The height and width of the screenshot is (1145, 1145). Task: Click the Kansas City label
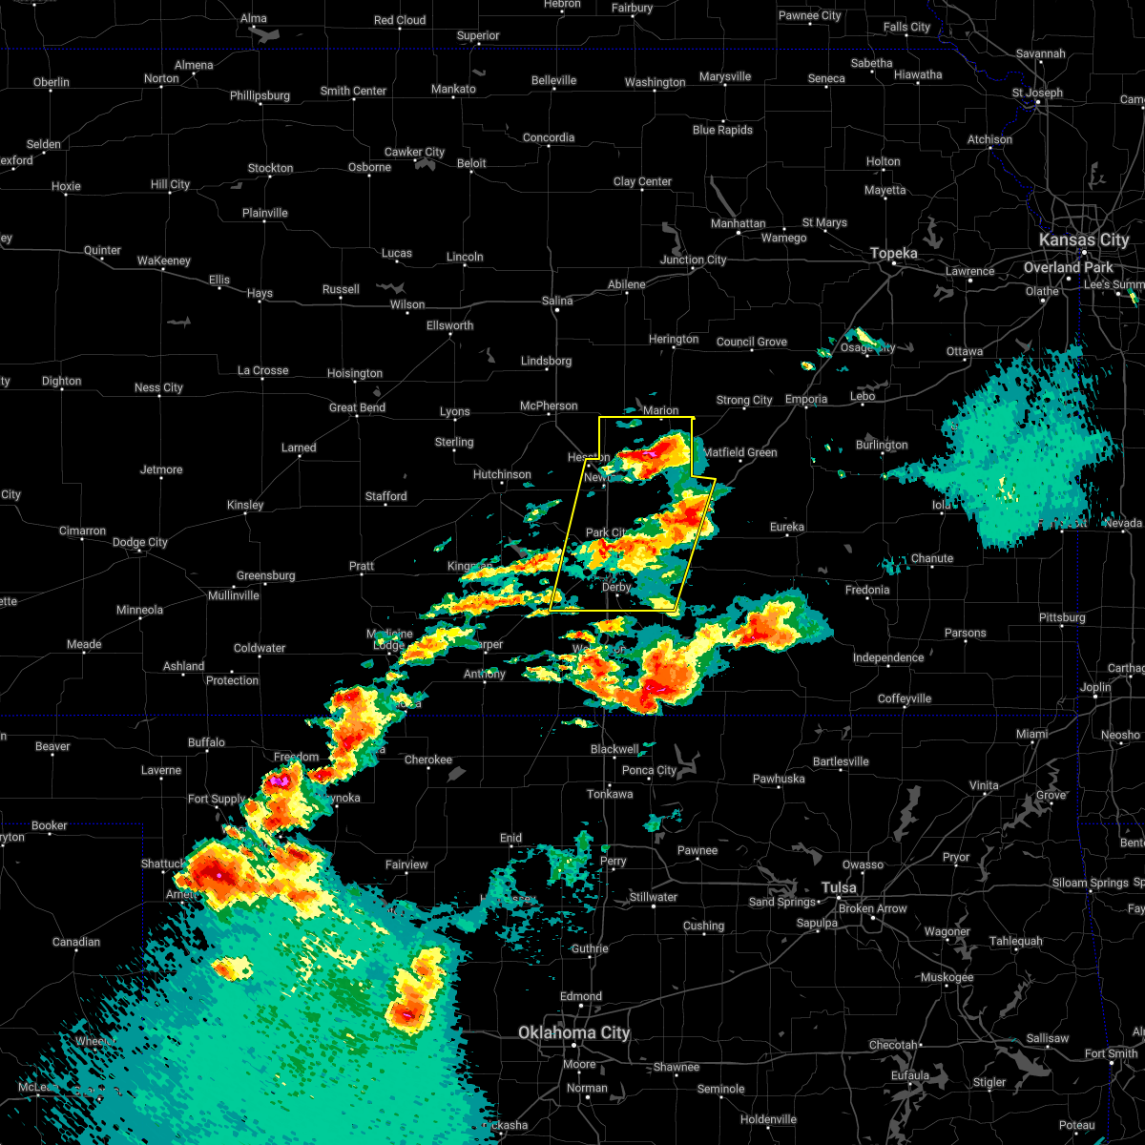pos(1083,239)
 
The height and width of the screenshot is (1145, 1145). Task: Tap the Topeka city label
pos(894,253)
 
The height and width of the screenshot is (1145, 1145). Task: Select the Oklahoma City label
pos(573,1032)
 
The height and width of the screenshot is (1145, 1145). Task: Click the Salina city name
pos(557,301)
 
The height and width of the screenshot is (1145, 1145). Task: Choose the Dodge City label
pos(139,542)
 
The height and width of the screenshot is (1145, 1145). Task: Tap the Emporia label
pos(806,399)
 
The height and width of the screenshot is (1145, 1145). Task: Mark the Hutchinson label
pos(502,474)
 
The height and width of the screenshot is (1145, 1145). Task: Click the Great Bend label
pos(357,407)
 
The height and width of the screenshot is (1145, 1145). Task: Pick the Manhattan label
pos(738,223)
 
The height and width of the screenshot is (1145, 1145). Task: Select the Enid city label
pos(510,838)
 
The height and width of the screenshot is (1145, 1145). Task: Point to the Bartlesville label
pos(841,761)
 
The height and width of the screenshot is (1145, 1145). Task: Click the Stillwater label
pos(653,897)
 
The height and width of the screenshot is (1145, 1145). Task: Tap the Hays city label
pos(260,294)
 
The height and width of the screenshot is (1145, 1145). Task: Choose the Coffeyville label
pos(904,698)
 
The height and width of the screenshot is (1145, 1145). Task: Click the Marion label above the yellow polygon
pos(660,410)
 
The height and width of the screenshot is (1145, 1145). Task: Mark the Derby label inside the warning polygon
pos(616,587)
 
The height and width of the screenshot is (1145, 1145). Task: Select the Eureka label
pos(787,527)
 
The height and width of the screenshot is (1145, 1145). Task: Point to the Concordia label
pos(549,137)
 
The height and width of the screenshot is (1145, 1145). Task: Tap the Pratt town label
pos(362,566)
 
